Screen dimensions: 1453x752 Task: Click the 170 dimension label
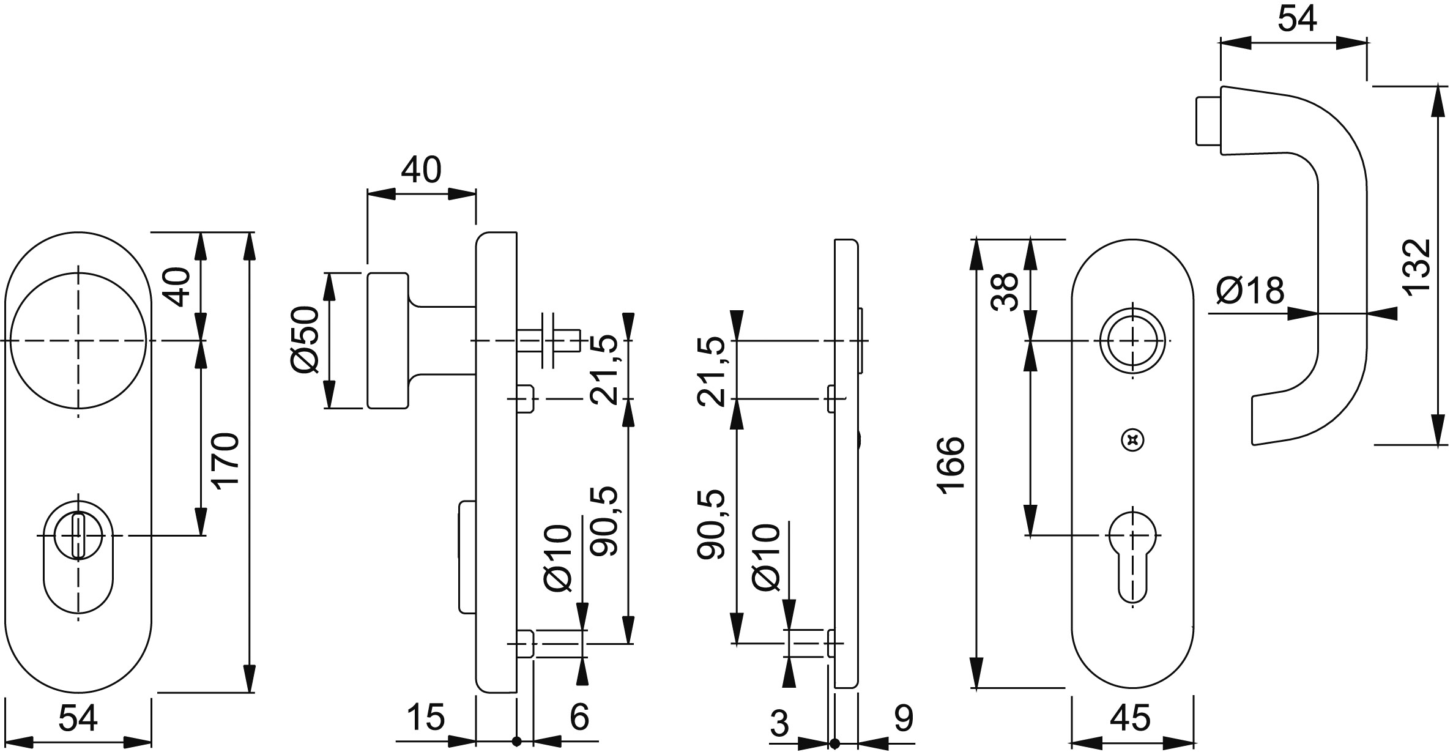(x=225, y=460)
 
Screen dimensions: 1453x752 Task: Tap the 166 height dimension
(x=951, y=465)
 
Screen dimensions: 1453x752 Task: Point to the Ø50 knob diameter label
(x=305, y=339)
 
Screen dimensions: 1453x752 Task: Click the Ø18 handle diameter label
(x=1250, y=291)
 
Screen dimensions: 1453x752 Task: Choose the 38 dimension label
(x=1005, y=291)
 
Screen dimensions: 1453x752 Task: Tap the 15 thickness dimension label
(x=426, y=717)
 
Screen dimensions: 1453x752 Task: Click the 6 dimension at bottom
(x=579, y=717)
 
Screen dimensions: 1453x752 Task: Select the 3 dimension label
(x=779, y=724)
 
